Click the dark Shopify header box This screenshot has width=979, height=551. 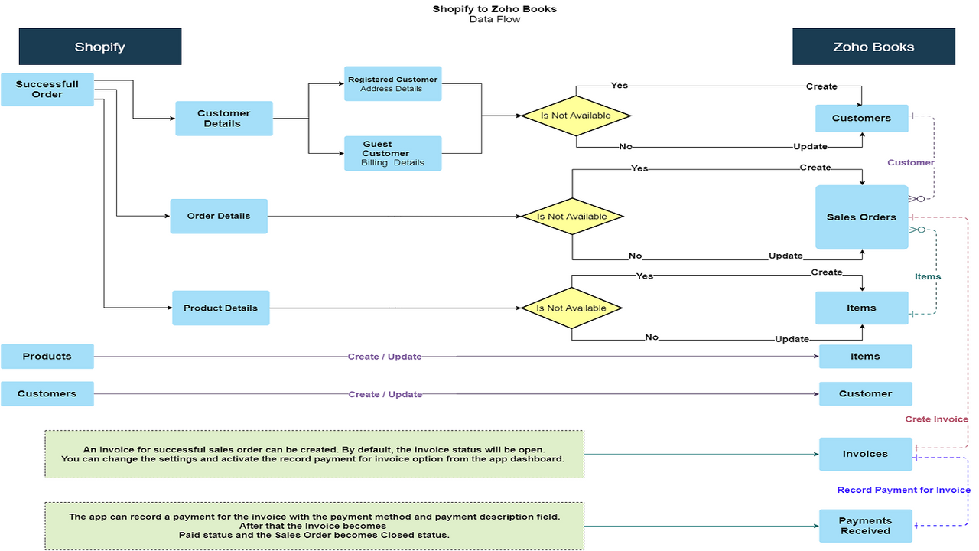(x=100, y=47)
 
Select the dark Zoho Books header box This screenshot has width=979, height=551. (x=873, y=47)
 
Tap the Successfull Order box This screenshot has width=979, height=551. (x=47, y=90)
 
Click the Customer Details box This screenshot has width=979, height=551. (x=223, y=119)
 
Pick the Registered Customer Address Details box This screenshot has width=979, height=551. (x=392, y=84)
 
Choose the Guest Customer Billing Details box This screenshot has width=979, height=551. (x=392, y=153)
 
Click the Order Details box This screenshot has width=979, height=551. (x=219, y=217)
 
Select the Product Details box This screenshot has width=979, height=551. (x=220, y=308)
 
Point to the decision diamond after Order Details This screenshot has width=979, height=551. (x=572, y=217)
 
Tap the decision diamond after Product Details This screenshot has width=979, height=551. (x=571, y=308)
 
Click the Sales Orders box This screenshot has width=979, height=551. (x=861, y=217)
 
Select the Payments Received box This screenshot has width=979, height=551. (x=865, y=526)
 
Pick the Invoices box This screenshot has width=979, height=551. (x=865, y=454)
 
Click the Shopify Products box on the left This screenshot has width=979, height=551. (x=47, y=357)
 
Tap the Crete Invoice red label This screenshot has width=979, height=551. (x=936, y=419)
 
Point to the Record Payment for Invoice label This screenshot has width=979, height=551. (x=903, y=490)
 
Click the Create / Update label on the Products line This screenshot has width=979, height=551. (x=385, y=357)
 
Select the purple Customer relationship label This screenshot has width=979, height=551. (x=910, y=162)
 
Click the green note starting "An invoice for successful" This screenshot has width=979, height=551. (x=314, y=454)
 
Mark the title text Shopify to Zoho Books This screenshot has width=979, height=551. (x=495, y=9)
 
